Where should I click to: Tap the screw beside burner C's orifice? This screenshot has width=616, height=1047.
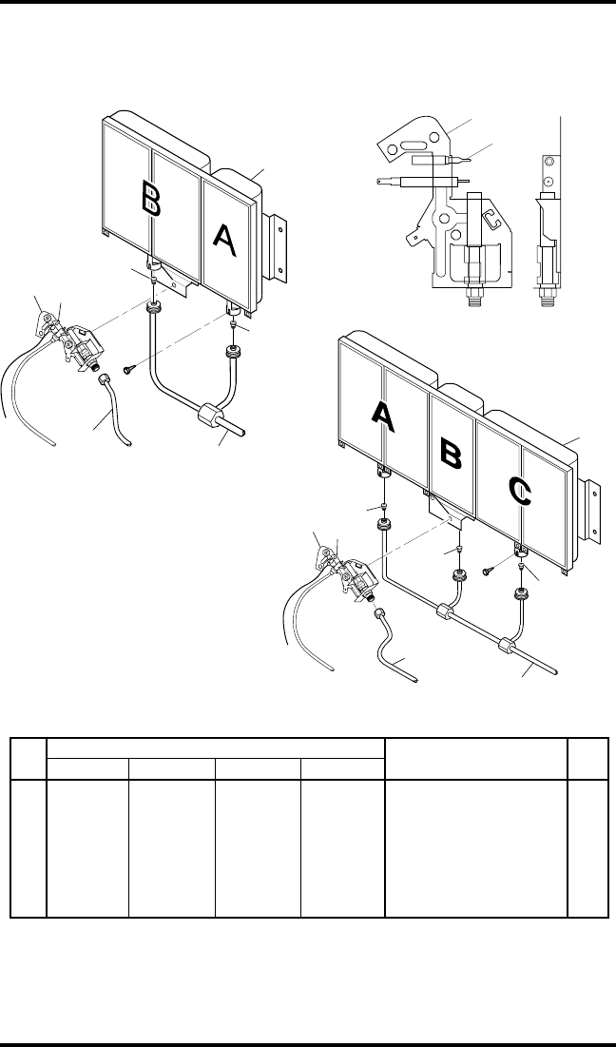(487, 571)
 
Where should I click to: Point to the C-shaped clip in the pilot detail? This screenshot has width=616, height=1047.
(491, 223)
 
